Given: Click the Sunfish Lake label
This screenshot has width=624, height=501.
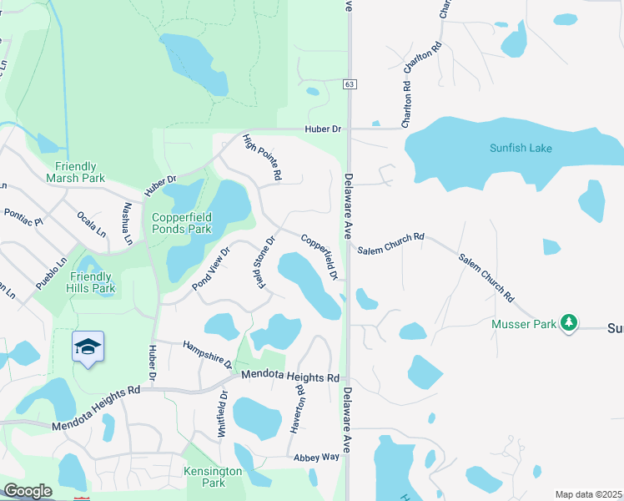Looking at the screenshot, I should [521, 149].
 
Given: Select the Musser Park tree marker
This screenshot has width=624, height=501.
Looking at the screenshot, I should [569, 322].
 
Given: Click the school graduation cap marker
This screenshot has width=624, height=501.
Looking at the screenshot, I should [88, 347].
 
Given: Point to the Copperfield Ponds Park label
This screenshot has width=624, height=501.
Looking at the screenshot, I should [182, 222].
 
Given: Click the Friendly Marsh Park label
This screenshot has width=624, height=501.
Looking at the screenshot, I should [76, 172].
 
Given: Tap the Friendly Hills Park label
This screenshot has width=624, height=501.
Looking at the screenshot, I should [92, 282].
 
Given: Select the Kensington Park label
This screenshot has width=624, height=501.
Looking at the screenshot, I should [213, 477].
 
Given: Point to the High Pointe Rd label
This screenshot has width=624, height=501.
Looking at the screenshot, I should [262, 159].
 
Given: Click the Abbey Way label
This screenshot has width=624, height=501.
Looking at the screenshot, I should [316, 458].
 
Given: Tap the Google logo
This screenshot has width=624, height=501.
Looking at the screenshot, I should [28, 491].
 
